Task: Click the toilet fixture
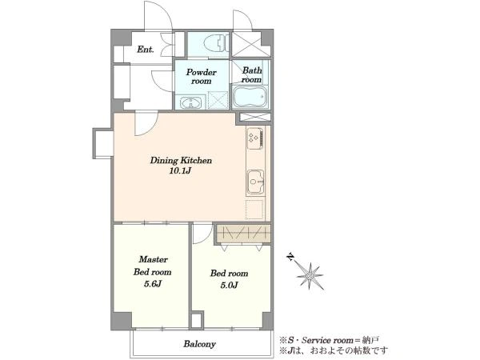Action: tap(216, 43)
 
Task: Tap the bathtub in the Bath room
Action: tap(250, 96)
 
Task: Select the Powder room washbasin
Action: tap(190, 102)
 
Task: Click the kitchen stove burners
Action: tap(255, 138)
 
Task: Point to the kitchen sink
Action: tap(255, 182)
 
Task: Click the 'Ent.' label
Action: tap(145, 50)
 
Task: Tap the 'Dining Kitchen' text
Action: tap(181, 160)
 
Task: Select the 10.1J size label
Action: tap(180, 171)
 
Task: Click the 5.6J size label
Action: tap(153, 284)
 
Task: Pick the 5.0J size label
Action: tap(229, 286)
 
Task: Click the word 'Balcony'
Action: tap(199, 344)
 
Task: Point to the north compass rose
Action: tap(310, 276)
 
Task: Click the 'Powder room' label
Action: tap(201, 77)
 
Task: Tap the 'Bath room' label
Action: tap(252, 75)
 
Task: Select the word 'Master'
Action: tap(153, 259)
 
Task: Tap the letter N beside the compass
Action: tap(290, 257)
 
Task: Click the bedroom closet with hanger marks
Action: tap(242, 234)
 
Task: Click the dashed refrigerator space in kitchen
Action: tap(254, 210)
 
